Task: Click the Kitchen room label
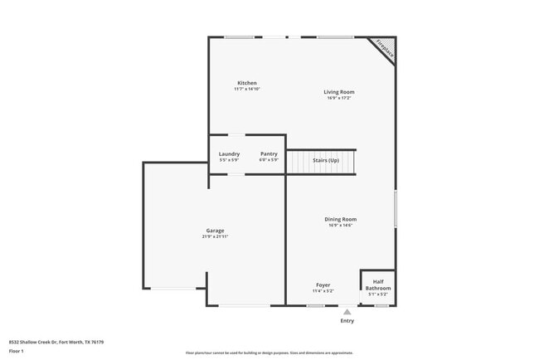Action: [247, 83]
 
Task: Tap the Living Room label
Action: [338, 92]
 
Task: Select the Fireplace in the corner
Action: [384, 48]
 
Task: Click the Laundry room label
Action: [229, 153]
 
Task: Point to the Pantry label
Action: [269, 153]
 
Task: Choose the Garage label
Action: [215, 231]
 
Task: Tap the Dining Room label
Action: [340, 219]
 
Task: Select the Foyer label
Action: [323, 285]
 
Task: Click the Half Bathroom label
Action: [378, 285]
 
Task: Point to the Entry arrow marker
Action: [347, 312]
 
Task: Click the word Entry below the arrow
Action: [347, 321]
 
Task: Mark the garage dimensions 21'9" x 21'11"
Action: [215, 236]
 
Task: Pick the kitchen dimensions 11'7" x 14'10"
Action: [247, 89]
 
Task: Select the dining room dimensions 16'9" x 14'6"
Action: [340, 225]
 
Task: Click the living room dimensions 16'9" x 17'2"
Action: [338, 98]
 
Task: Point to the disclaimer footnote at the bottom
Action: [269, 353]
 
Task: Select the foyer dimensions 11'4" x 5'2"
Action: [323, 290]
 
